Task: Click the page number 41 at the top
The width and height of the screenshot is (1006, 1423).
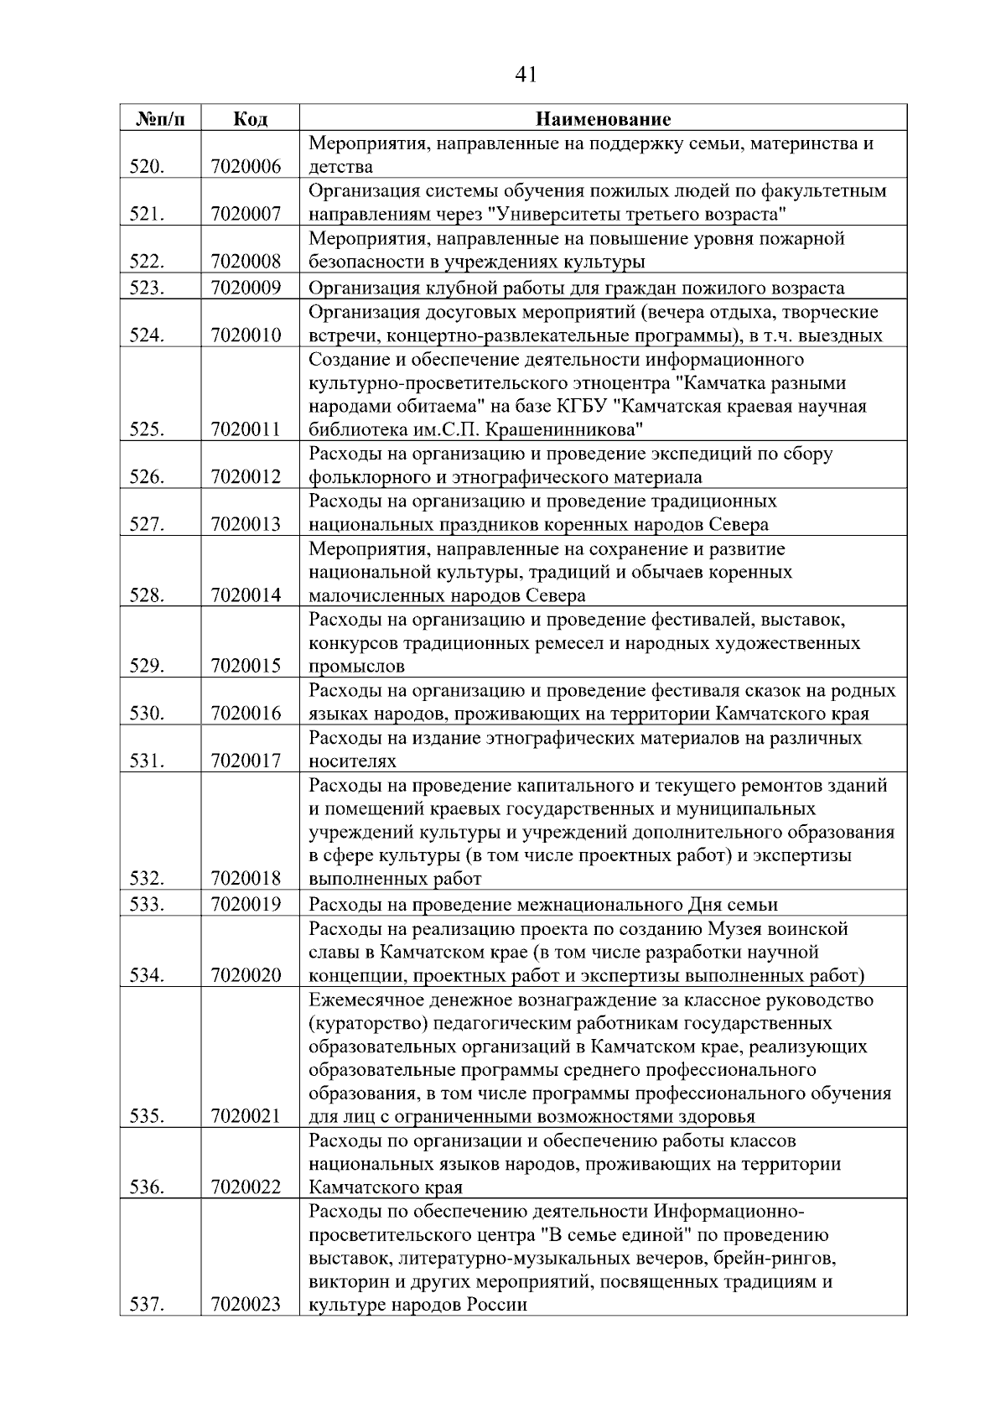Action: point(525,75)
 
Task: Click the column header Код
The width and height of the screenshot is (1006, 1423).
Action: point(250,119)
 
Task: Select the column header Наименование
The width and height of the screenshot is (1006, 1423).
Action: point(603,119)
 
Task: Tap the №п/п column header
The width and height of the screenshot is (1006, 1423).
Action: point(159,119)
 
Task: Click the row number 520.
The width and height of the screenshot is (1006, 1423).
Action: point(147,167)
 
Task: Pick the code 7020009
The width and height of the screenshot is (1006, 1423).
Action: point(246,288)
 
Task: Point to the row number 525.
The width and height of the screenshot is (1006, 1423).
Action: point(147,430)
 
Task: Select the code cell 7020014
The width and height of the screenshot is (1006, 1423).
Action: point(246,595)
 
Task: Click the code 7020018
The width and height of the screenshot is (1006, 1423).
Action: point(246,879)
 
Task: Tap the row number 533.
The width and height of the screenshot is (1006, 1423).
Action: point(147,904)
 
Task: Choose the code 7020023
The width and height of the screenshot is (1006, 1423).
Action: point(246,1305)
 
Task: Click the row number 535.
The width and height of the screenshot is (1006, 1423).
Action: point(147,1116)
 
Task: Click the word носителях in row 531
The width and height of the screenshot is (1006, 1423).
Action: point(352,761)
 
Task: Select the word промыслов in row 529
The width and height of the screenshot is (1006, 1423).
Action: point(356,667)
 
